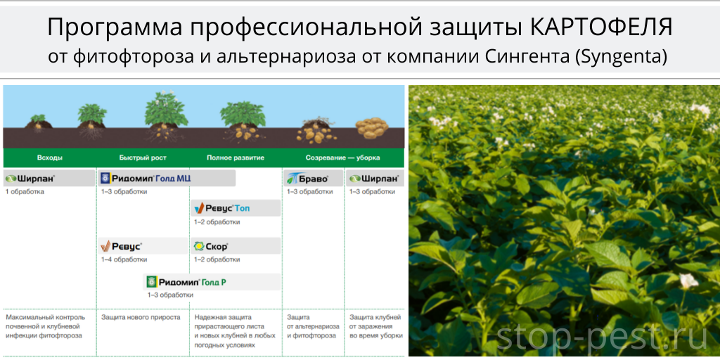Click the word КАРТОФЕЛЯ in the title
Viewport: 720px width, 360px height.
[x=602, y=27]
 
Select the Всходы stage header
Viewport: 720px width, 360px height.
[x=50, y=158]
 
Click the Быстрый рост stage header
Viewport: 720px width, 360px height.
[x=143, y=158]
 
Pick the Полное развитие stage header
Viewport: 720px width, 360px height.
[x=235, y=158]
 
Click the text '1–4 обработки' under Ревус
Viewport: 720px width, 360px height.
[x=124, y=260]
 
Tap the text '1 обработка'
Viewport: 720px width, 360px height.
[x=25, y=192]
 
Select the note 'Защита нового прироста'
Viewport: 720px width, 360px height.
[x=141, y=317]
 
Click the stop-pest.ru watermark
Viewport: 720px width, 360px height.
[x=602, y=338]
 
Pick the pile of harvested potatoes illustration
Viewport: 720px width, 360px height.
[x=373, y=128]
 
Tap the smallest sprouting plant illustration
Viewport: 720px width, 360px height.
[x=39, y=122]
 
